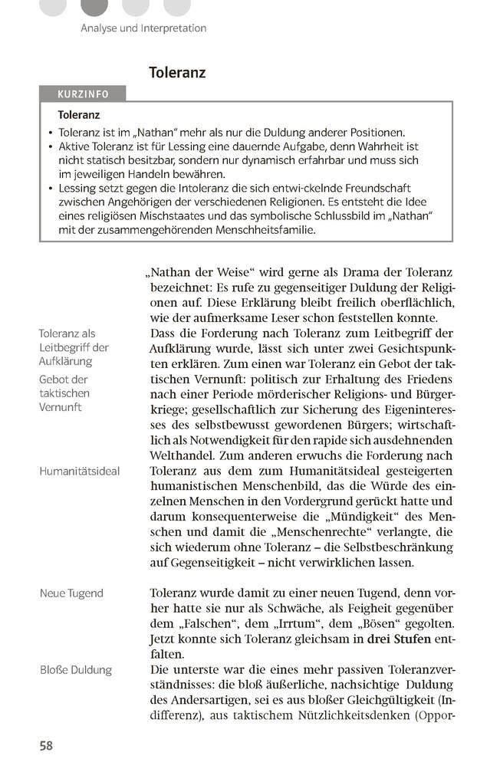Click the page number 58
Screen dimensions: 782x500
click(46, 745)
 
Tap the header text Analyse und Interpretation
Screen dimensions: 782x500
click(143, 28)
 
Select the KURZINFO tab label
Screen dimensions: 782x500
click(83, 94)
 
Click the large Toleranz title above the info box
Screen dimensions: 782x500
click(177, 73)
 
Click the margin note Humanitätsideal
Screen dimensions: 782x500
click(80, 471)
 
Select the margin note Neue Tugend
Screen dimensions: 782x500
click(71, 593)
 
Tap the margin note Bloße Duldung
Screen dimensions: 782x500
click(76, 669)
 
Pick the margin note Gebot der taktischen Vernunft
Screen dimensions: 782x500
click(64, 393)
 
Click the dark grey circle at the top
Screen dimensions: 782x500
click(94, 6)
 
